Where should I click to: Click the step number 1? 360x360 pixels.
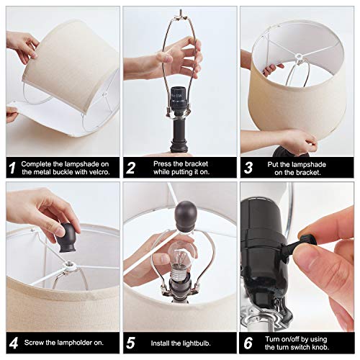click(x=12, y=168)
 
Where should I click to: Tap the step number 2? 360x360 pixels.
click(x=130, y=168)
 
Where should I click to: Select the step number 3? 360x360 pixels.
click(x=248, y=168)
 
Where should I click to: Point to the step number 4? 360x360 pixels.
click(x=14, y=343)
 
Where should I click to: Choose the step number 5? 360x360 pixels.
click(x=130, y=343)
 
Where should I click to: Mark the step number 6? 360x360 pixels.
click(x=248, y=343)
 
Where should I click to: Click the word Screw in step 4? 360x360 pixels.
click(x=34, y=343)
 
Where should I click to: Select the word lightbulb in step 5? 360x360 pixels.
click(x=196, y=343)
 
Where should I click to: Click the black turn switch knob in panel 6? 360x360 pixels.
click(x=303, y=243)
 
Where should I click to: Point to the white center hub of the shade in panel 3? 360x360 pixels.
click(x=298, y=57)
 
